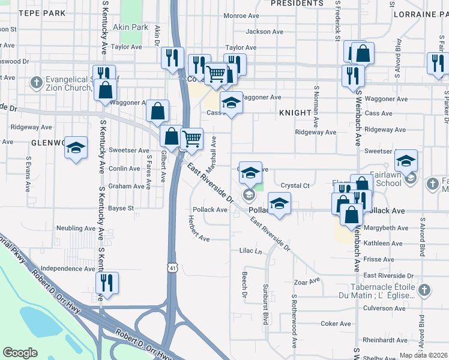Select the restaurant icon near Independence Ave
point(107,284)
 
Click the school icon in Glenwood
point(76,148)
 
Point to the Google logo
point(20,353)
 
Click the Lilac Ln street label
point(251,251)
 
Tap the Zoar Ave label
point(307,281)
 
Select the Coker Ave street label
point(331,323)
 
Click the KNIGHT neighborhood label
point(295,113)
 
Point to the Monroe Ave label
point(241,16)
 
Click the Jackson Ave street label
point(265,32)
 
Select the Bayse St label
point(121,208)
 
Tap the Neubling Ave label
point(76,228)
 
